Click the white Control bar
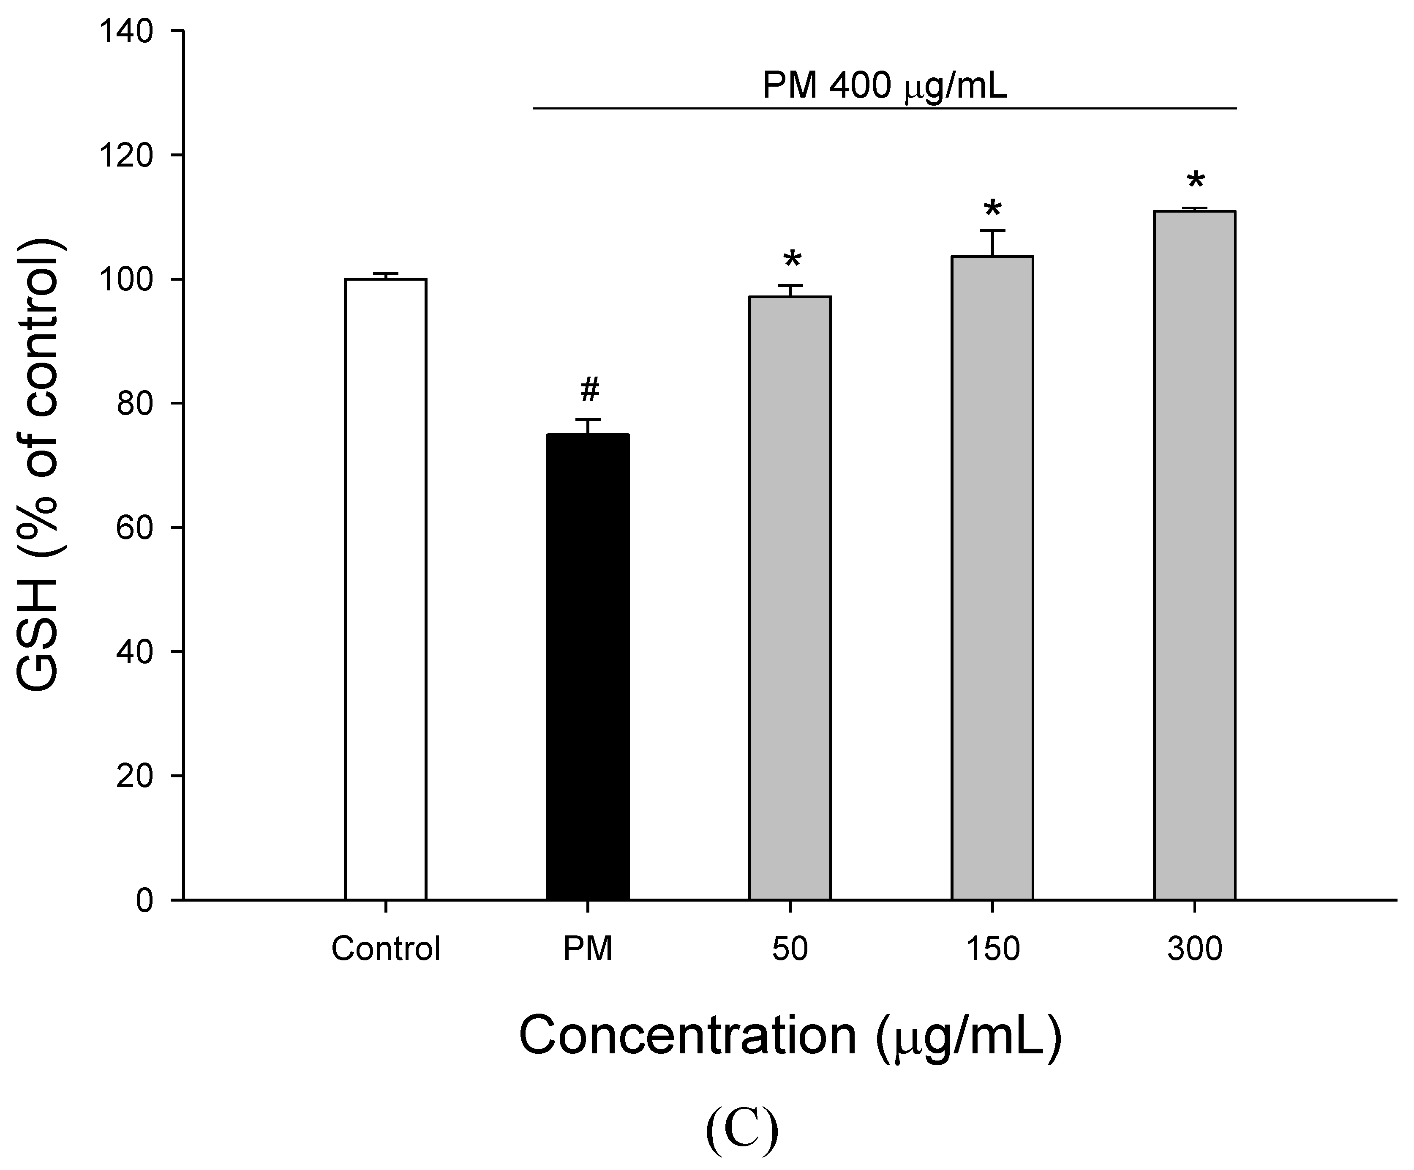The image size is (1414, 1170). (385, 589)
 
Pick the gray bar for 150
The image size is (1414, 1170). (992, 577)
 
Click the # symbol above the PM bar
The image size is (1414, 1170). (589, 389)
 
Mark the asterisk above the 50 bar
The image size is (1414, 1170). (792, 260)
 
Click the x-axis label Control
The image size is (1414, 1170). (385, 949)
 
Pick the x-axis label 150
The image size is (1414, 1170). (992, 949)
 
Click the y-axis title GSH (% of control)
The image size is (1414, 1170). (42, 465)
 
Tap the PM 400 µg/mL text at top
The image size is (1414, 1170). (884, 86)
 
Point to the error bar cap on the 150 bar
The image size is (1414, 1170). (992, 230)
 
